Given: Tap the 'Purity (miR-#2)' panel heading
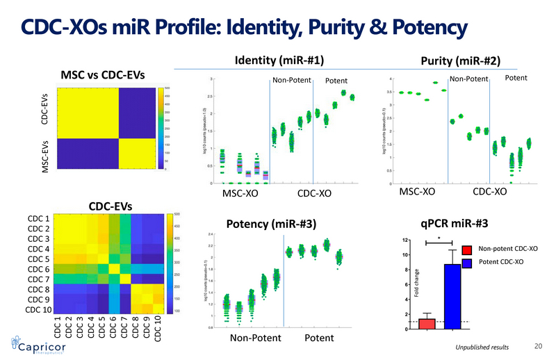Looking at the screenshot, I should point(461,61).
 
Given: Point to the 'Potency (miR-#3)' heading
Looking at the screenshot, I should point(272,223).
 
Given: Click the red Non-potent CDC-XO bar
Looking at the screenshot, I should point(427,324).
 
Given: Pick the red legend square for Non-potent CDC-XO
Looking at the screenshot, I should point(467,249).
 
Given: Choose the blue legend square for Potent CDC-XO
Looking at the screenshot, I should point(467,262).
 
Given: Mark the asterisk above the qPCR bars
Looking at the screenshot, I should point(439,236).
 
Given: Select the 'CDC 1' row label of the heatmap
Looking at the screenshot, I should point(38,218).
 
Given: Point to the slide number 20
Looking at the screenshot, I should point(537,345).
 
